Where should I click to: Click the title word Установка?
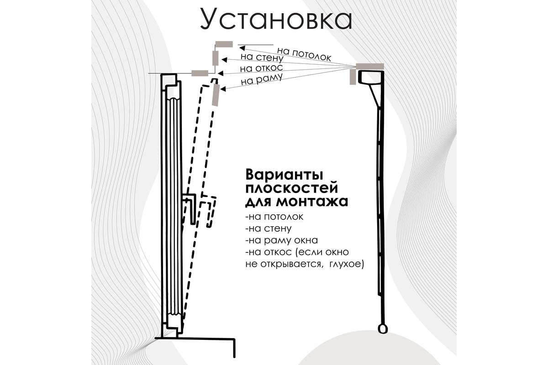276,19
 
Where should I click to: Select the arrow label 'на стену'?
262,58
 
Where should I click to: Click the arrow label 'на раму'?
258,79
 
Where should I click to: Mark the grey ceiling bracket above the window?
224,44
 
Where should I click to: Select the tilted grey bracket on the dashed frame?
216,95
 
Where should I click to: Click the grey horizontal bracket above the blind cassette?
370,66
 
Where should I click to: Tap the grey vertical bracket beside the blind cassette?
353,77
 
